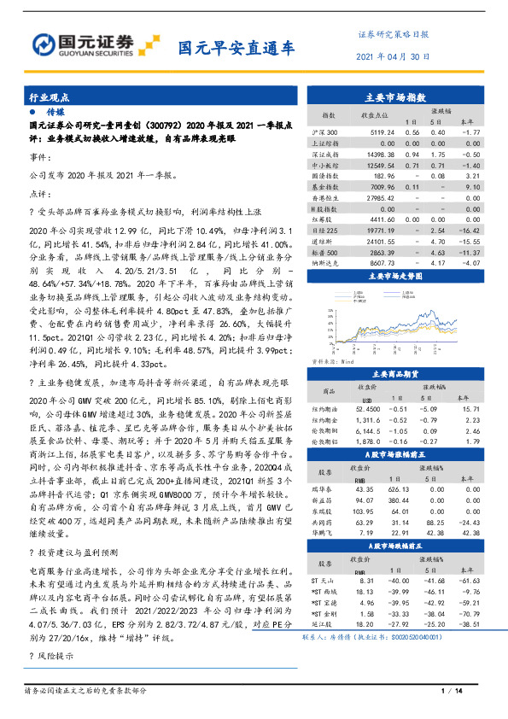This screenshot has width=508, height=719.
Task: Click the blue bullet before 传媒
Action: point(32,113)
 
